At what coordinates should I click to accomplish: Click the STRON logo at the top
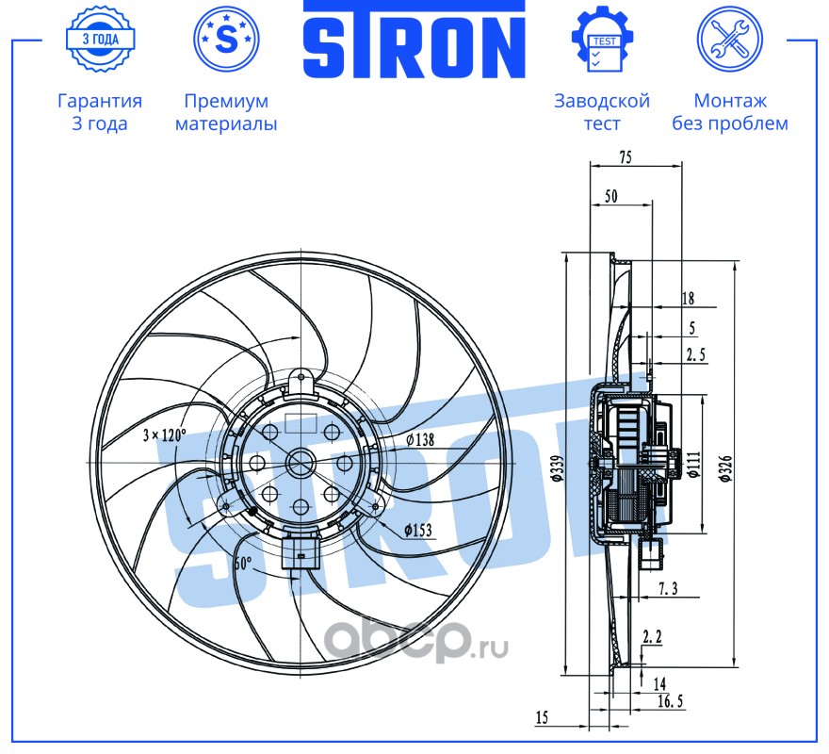tap(414, 41)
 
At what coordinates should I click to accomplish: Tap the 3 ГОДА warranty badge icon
tap(99, 39)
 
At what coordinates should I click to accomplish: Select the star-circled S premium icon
tap(225, 39)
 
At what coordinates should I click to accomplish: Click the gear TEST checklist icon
tap(602, 39)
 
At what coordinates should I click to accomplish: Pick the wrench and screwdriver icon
tap(728, 39)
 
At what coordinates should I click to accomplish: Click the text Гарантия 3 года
tap(100, 112)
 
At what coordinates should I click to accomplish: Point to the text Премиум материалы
tap(226, 112)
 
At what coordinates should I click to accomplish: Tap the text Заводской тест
tap(602, 112)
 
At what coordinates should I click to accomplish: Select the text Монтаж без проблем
tap(729, 112)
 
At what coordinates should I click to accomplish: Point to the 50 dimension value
tap(610, 196)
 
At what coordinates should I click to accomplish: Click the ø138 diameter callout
tap(419, 439)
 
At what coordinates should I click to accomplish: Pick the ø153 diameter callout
tap(417, 531)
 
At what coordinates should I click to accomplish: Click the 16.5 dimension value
tap(672, 702)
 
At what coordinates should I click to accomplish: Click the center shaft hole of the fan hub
tap(301, 464)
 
